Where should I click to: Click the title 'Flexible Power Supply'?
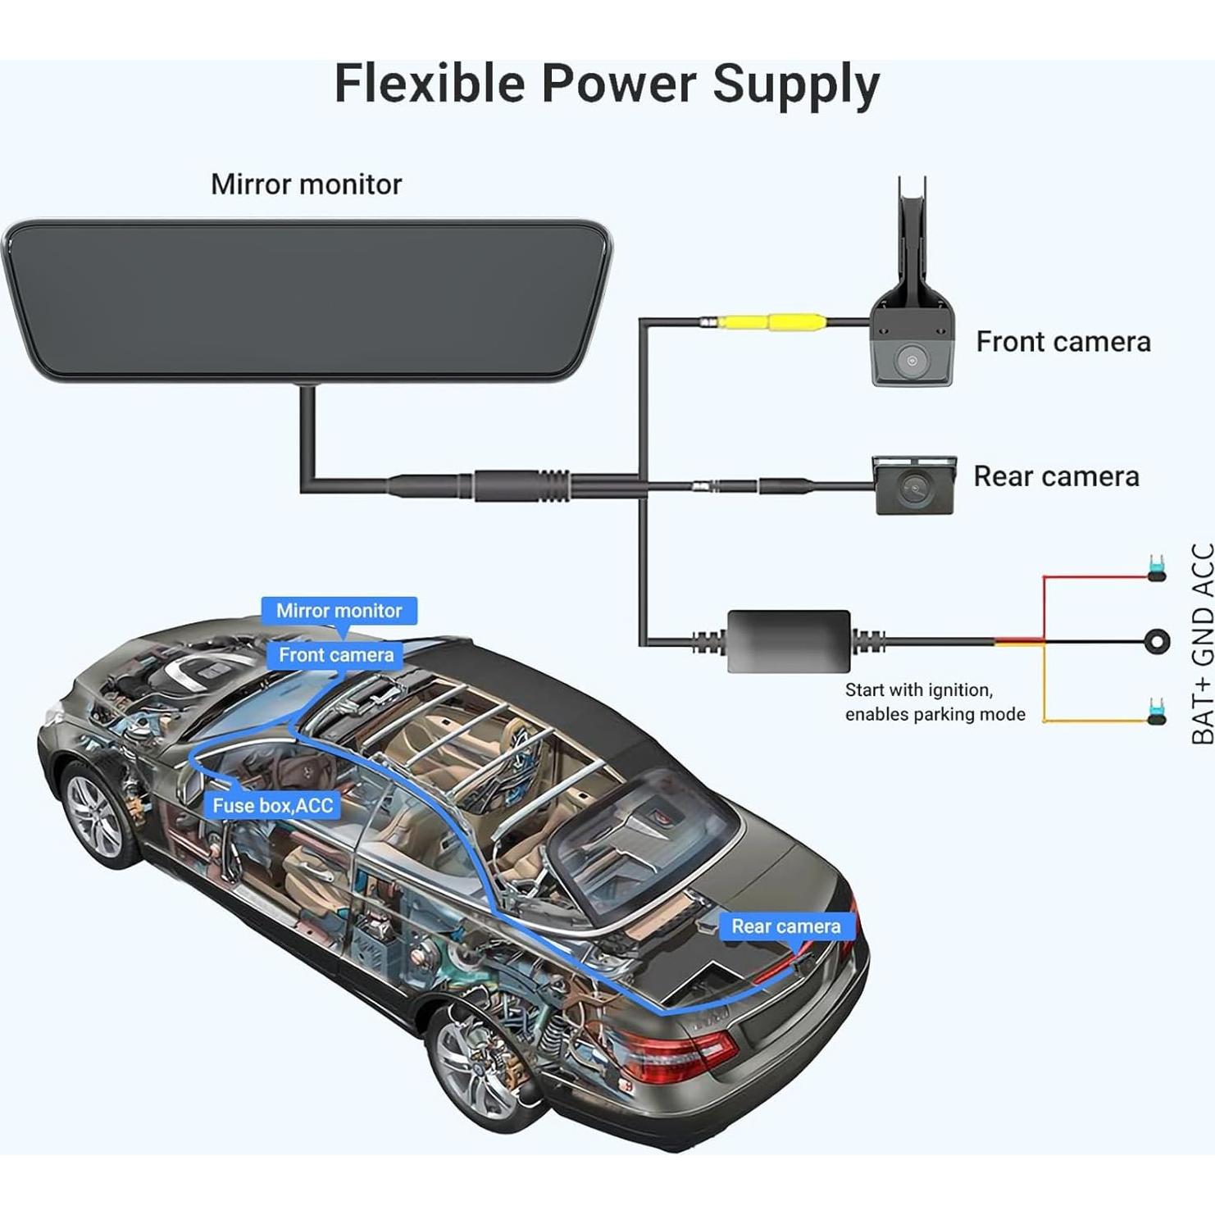click(607, 84)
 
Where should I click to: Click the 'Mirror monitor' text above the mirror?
click(306, 184)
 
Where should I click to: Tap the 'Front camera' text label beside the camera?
click(1063, 341)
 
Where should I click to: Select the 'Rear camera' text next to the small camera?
click(1056, 476)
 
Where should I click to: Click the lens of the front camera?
click(911, 359)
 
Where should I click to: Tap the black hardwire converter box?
click(789, 640)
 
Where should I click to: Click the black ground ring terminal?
click(1157, 641)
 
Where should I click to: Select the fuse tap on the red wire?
click(1157, 569)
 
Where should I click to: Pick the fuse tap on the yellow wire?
click(1157, 712)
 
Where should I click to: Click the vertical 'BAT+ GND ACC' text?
click(1202, 644)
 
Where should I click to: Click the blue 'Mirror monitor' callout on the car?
click(339, 611)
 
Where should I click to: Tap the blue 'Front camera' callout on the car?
click(335, 655)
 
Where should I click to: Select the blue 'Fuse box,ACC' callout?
click(273, 806)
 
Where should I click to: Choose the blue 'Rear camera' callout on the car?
click(785, 926)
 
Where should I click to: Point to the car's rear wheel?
click(476, 1067)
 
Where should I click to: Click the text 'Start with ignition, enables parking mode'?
click(935, 703)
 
